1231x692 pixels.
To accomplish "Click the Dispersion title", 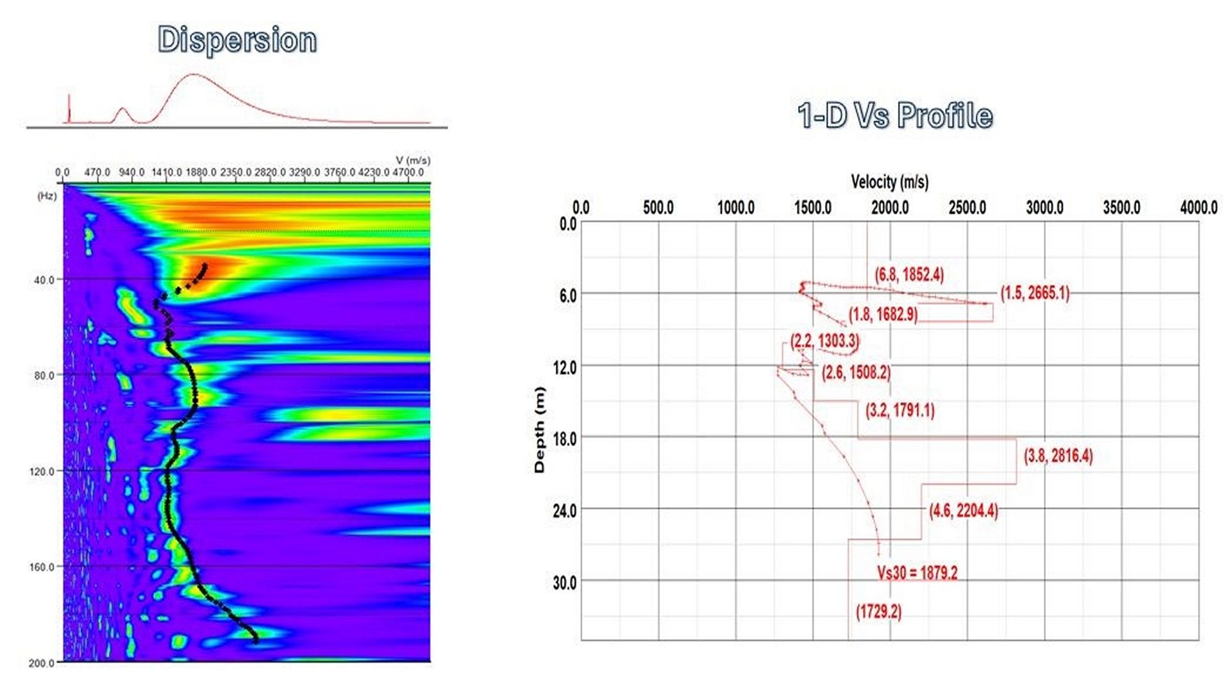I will pos(237,40).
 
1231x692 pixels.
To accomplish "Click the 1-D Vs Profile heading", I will pos(895,116).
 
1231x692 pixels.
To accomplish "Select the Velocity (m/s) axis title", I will pos(889,182).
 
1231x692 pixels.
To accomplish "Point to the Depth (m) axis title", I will pos(539,430).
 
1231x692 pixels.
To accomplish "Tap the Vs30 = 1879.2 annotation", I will pos(917,572).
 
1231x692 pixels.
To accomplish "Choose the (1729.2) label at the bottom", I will pos(878,611).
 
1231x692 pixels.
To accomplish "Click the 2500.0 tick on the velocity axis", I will pos(967,208).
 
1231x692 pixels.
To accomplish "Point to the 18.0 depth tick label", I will pos(564,439).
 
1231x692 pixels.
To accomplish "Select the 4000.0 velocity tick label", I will pos(1198,208).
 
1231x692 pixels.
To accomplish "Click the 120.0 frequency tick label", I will pos(42,472).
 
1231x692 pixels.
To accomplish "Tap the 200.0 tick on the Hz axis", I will pos(41,663).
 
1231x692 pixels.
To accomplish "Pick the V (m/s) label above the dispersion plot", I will pos(413,160).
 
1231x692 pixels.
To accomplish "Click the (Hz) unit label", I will pos(47,196).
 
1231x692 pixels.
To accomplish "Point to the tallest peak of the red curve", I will pos(194,75).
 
